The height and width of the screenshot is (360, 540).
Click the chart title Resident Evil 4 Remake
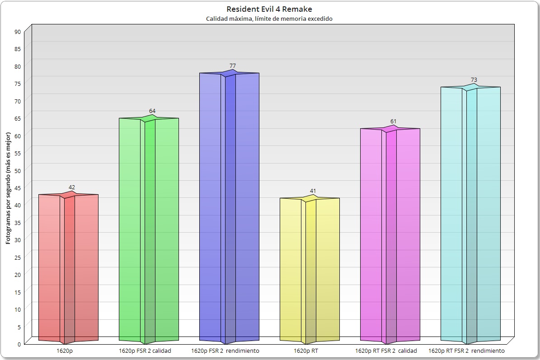click(269, 9)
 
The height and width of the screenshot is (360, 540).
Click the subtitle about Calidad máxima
click(269, 19)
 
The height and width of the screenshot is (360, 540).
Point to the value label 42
click(72, 187)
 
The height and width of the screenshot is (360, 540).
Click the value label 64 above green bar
click(152, 111)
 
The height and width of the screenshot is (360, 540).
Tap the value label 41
click(313, 191)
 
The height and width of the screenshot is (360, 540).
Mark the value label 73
click(474, 80)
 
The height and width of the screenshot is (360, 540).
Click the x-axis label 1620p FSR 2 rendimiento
click(225, 351)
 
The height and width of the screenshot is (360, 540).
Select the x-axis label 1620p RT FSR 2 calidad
click(386, 351)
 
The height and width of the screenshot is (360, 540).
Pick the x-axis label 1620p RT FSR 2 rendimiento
click(466, 351)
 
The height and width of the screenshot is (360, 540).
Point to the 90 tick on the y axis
click(18, 32)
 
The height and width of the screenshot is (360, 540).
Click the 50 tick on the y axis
click(18, 170)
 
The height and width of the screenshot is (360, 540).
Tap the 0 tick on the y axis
click(19, 344)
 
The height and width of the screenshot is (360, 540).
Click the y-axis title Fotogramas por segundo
click(8, 188)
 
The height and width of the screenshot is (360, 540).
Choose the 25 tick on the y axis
click(18, 257)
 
